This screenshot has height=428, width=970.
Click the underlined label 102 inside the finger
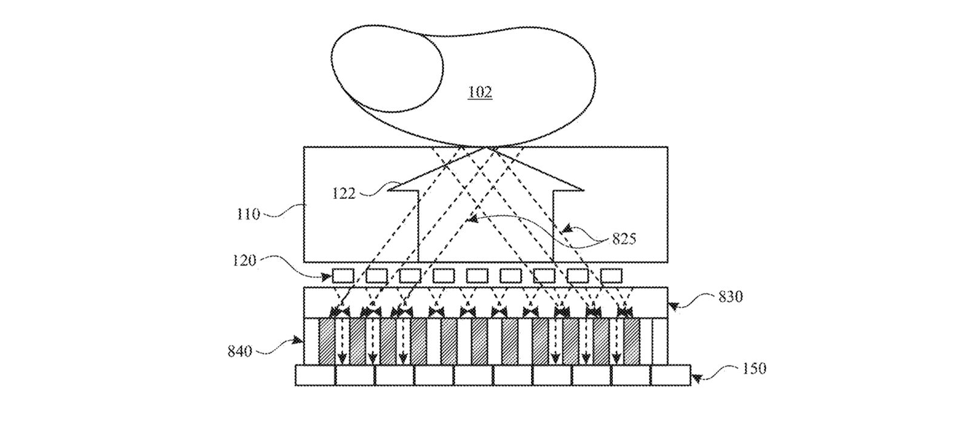(x=480, y=93)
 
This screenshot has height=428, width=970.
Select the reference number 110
(x=249, y=214)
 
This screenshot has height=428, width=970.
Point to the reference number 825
(x=624, y=239)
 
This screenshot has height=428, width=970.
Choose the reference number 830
(x=731, y=297)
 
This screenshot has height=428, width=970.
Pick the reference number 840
(x=240, y=351)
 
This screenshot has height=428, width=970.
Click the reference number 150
(x=754, y=368)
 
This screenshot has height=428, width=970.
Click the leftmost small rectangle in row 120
(x=343, y=276)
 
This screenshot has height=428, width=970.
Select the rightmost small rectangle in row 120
(x=612, y=276)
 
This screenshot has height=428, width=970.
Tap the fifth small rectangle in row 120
(x=477, y=276)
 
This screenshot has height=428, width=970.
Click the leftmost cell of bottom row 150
(x=315, y=375)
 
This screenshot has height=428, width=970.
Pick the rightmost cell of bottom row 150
(x=671, y=375)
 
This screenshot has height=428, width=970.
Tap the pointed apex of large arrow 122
(x=485, y=148)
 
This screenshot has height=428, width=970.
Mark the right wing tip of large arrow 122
(x=583, y=190)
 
